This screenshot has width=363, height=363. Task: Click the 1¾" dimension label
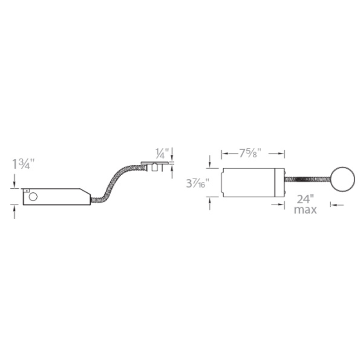click(x=23, y=164)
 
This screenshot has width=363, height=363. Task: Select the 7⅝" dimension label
click(x=250, y=153)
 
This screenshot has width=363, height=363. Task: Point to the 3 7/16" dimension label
click(x=197, y=183)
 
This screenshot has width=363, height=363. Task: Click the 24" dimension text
click(x=305, y=199)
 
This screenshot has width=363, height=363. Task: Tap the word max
click(x=305, y=210)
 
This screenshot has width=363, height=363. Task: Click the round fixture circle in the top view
click(x=343, y=179)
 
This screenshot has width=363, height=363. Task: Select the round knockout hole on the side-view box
click(x=33, y=197)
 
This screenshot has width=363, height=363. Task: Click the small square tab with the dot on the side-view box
click(x=26, y=191)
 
